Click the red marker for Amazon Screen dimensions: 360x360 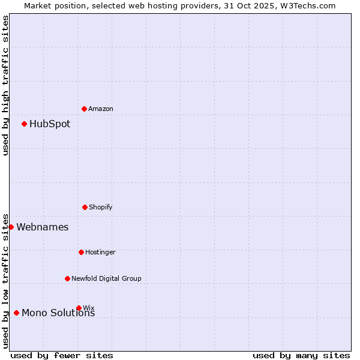pyautogui.click(x=84, y=109)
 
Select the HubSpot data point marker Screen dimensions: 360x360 pyautogui.click(x=24, y=124)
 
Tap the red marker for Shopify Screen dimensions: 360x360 pyautogui.click(x=85, y=207)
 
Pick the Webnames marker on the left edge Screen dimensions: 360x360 pyautogui.click(x=11, y=227)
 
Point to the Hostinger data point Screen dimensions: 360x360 pyautogui.click(x=81, y=252)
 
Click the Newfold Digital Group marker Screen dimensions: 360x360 pyautogui.click(x=67, y=278)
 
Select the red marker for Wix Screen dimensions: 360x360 pyautogui.click(x=79, y=308)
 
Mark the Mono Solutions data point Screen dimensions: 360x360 pyautogui.click(x=16, y=313)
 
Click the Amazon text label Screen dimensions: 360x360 pyautogui.click(x=101, y=109)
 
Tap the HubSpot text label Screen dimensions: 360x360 pyautogui.click(x=50, y=124)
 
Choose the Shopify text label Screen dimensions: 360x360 pyautogui.click(x=101, y=207)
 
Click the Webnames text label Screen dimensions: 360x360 pyautogui.click(x=43, y=227)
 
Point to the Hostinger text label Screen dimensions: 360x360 pyautogui.click(x=100, y=252)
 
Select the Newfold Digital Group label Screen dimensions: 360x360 pyautogui.click(x=106, y=278)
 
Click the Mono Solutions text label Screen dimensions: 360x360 pyautogui.click(x=58, y=313)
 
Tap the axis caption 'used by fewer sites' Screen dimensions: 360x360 pyautogui.click(x=62, y=355)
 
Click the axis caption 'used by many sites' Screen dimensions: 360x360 pyautogui.click(x=301, y=355)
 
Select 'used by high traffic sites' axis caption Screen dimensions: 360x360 pyautogui.click(x=5, y=85)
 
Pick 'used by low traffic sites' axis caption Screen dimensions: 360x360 pyautogui.click(x=5, y=281)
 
